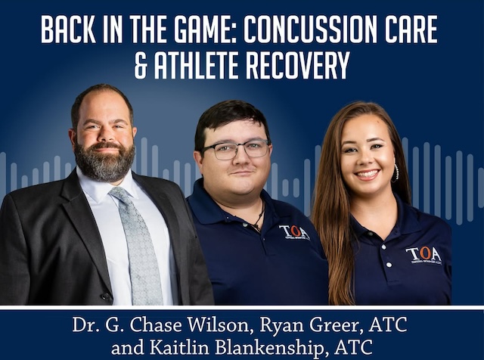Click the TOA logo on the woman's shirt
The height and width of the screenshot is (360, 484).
click(423, 255)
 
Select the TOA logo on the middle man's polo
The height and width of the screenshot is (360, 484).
click(294, 231)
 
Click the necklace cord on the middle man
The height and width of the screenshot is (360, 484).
click(259, 219)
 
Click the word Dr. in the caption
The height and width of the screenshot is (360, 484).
click(87, 326)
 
